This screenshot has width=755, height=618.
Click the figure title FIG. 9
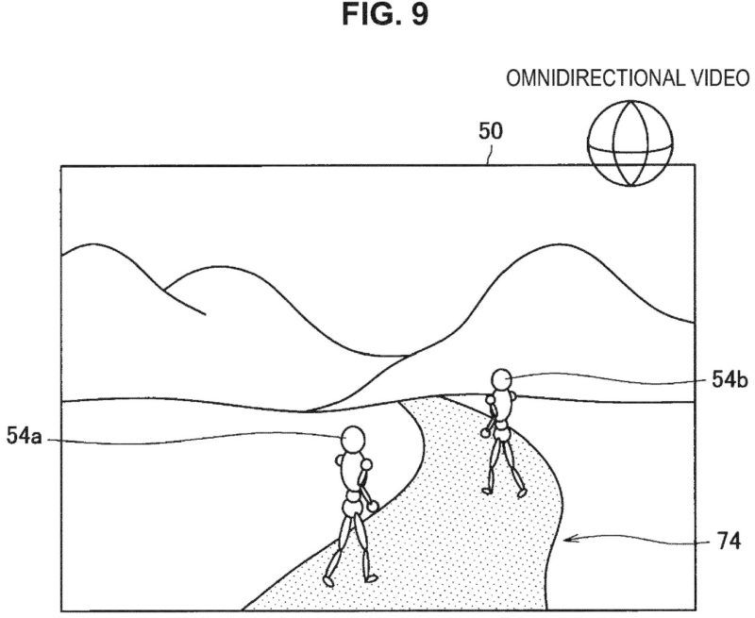tap(385, 15)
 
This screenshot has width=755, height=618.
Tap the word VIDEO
tap(720, 78)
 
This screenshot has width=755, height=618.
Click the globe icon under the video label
tap(629, 143)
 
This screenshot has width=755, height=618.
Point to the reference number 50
tap(490, 131)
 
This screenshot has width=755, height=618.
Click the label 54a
tap(25, 436)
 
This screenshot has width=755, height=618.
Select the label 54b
tap(730, 380)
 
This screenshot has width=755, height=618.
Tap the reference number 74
tap(729, 541)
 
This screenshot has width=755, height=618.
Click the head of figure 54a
tap(353, 439)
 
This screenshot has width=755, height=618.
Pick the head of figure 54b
tap(501, 379)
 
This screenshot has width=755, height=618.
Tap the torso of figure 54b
tap(503, 406)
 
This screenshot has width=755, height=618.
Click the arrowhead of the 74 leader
tap(568, 539)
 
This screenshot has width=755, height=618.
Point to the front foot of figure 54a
tap(370, 578)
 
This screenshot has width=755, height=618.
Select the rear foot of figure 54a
tap(328, 581)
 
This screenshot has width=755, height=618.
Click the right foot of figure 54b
tap(522, 493)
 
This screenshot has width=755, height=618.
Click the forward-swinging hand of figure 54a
tap(373, 506)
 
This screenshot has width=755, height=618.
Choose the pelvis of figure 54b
tap(503, 434)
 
